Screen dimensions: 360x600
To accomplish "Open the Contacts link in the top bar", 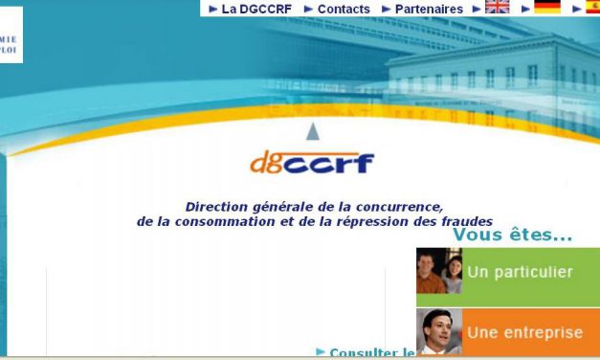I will click(344, 9).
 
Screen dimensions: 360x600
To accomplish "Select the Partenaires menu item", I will click(429, 9).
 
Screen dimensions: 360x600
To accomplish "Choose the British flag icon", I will click(498, 8).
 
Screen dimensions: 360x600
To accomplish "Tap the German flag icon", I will click(547, 8).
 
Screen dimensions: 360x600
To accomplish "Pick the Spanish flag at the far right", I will click(592, 8).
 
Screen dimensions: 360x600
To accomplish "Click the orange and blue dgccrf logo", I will click(312, 163).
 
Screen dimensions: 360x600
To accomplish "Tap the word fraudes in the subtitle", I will click(463, 221).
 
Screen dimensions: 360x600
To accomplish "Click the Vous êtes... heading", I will click(512, 236).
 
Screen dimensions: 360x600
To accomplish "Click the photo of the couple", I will click(439, 271).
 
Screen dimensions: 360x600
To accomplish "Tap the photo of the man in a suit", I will click(439, 332).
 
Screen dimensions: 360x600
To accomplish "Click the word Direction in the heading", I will click(217, 207).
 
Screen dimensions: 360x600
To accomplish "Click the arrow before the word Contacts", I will click(308, 9).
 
